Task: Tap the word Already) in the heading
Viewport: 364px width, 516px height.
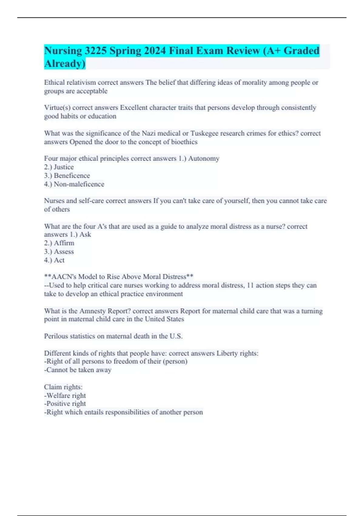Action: [x=65, y=63]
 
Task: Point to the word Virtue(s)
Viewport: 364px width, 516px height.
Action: [x=57, y=108]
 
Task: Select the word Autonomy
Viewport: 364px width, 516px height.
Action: [x=204, y=158]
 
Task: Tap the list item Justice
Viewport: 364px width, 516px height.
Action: [x=64, y=167]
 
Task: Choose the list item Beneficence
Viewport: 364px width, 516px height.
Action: [x=72, y=175]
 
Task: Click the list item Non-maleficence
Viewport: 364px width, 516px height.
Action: [x=79, y=184]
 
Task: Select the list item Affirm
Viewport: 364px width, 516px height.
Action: [x=64, y=243]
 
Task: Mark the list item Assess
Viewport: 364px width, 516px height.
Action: [x=64, y=251]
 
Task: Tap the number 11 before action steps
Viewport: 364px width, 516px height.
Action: [x=250, y=285]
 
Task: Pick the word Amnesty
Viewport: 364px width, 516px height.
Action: [x=93, y=311]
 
